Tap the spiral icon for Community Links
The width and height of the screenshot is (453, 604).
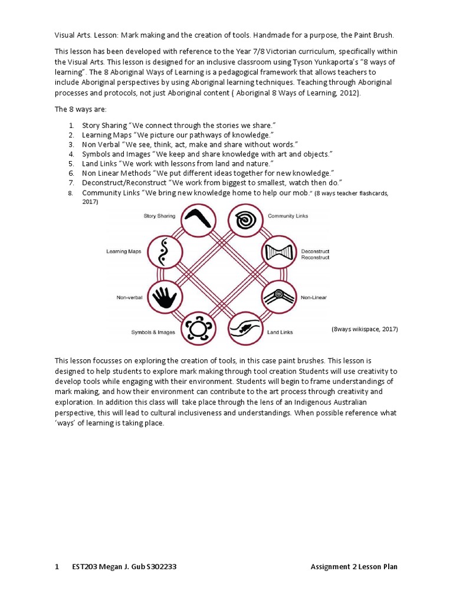tap(245, 219)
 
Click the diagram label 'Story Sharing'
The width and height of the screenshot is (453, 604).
tap(159, 216)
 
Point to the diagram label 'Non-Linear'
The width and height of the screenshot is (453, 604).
tap(313, 298)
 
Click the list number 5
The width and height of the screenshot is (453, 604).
tap(71, 163)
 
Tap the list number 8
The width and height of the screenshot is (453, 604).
tap(71, 193)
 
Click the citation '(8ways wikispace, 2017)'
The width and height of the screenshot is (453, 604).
tap(365, 329)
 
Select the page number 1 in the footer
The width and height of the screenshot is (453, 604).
tap(57, 567)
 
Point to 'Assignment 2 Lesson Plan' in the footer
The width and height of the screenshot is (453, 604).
tap(354, 567)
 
